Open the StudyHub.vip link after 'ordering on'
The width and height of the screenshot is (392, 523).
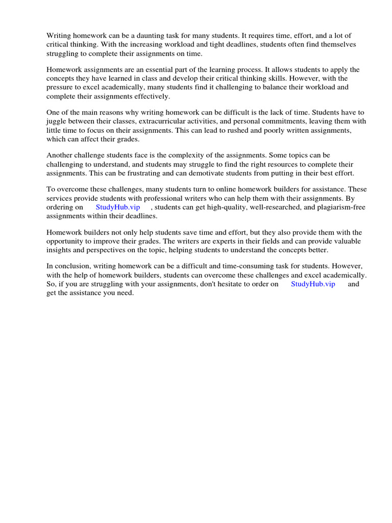click(117, 207)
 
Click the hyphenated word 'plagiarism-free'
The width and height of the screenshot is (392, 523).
click(341, 207)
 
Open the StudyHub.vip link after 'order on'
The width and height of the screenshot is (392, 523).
click(313, 284)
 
